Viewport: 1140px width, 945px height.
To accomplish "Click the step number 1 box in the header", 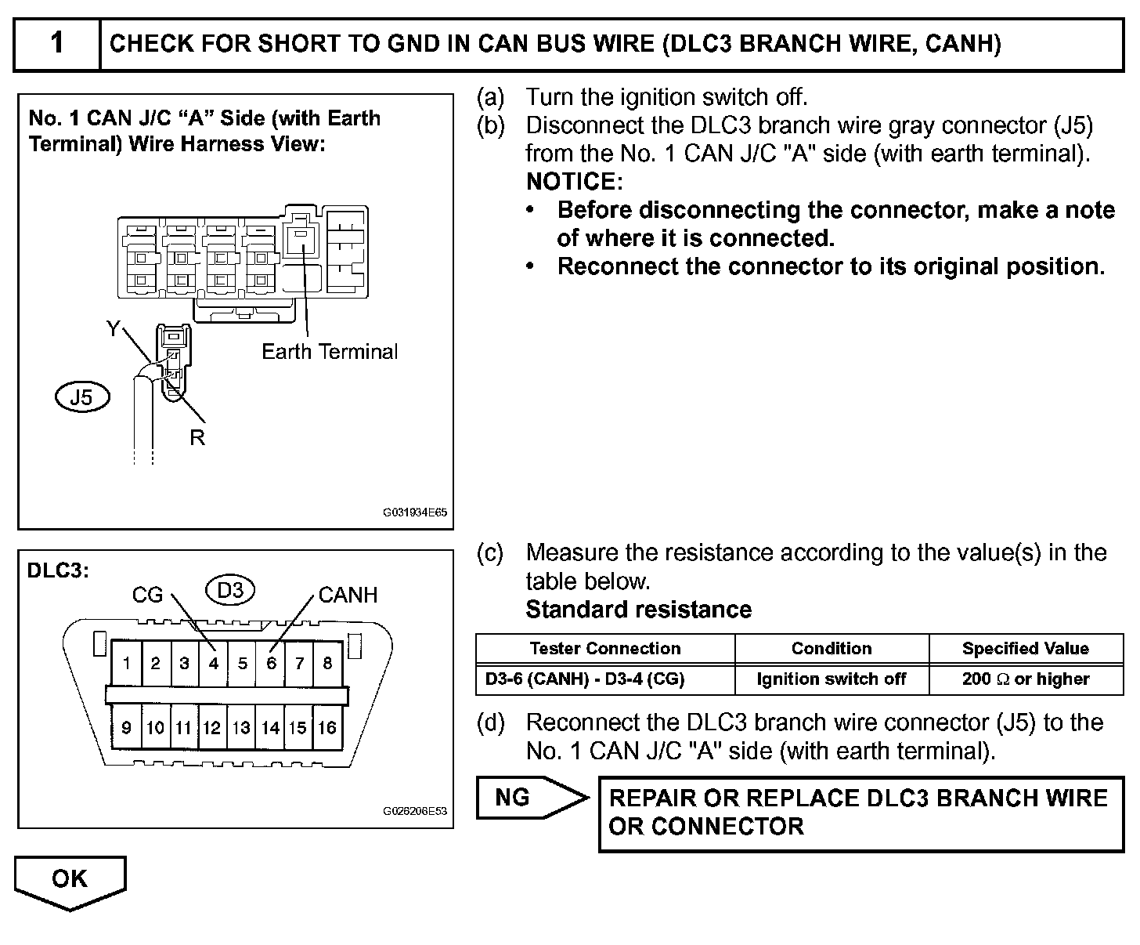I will point(57,43).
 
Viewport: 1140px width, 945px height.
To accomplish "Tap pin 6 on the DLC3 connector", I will point(271,664).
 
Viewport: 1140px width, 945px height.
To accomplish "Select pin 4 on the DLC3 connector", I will point(213,664).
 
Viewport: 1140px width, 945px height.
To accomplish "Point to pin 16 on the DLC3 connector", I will point(327,727).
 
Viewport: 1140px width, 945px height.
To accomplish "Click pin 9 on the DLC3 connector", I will point(126,727).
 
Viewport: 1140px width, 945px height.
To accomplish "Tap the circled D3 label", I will point(230,590).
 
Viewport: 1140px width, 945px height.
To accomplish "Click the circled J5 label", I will point(81,397).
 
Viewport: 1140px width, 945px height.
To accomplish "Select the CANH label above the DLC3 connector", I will point(348,596).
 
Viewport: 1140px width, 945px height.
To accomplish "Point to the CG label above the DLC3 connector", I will point(147,596).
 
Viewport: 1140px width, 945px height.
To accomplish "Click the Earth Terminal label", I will point(330,352).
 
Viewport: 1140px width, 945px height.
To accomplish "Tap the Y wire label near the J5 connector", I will point(114,329).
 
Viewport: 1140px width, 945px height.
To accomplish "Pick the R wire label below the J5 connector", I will point(197,438).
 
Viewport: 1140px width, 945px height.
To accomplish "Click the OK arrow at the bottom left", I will point(70,880).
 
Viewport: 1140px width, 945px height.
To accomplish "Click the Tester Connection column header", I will point(604,649).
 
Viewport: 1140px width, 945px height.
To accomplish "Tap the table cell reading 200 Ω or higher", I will point(1025,679).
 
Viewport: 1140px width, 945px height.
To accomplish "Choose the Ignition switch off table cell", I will point(831,679).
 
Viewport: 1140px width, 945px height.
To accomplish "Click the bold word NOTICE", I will point(573,182).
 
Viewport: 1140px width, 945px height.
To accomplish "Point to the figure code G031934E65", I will point(414,513).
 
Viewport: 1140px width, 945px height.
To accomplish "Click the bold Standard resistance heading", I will point(638,610).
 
